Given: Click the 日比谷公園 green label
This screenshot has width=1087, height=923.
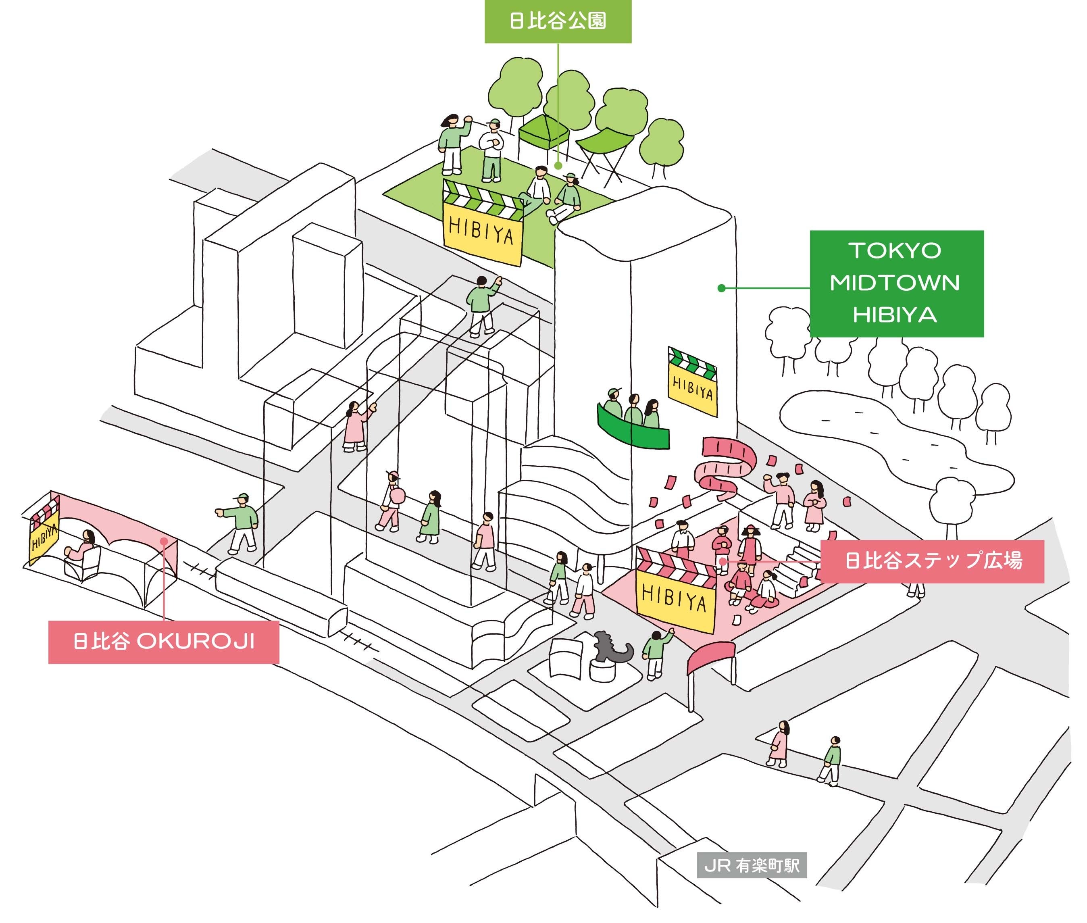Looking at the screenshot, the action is [x=558, y=21].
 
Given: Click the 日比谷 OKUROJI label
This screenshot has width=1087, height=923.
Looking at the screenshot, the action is [x=164, y=642].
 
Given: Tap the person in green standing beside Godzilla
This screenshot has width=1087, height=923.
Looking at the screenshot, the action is [x=657, y=654].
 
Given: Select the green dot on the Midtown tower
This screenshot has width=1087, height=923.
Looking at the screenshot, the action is [x=721, y=288].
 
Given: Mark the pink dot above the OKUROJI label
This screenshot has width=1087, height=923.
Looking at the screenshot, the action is [x=164, y=541].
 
